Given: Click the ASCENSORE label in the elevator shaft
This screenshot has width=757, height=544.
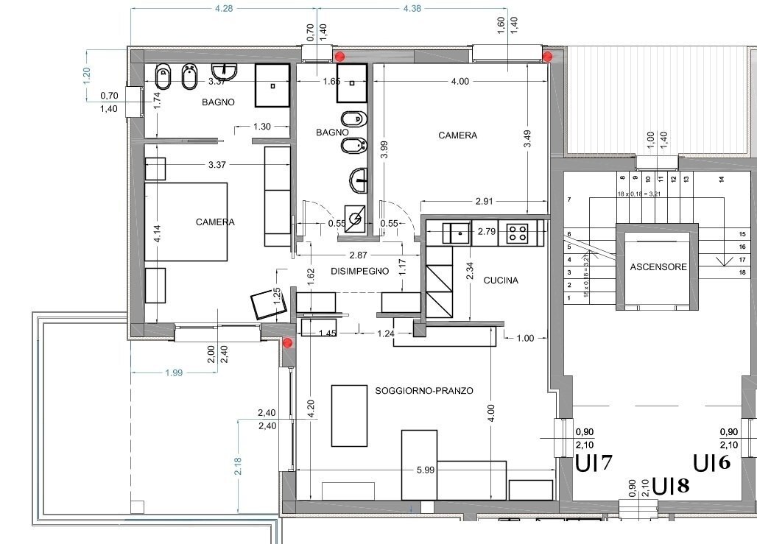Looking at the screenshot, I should (658, 267).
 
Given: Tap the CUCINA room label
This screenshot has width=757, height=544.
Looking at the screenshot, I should (501, 280).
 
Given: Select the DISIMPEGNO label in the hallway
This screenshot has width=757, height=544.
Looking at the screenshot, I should (359, 271).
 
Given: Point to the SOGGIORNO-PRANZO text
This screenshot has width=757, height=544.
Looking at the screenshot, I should (423, 390).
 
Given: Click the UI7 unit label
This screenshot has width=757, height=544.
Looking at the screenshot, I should (594, 464).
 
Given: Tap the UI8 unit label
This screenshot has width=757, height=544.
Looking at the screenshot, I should (672, 486).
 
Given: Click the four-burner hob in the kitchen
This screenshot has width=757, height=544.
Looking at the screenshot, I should (518, 233).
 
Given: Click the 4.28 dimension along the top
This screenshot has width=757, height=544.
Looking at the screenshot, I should (222, 9).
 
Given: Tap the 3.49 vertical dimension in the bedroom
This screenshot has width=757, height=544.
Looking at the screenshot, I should (527, 135).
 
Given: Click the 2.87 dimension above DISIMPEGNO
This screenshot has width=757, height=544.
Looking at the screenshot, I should (358, 255).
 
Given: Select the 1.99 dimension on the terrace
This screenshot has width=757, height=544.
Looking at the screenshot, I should (174, 373).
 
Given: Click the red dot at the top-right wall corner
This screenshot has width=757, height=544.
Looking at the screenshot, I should (547, 56).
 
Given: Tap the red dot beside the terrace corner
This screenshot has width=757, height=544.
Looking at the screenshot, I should (287, 343).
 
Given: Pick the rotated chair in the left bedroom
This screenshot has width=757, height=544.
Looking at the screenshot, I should (264, 304).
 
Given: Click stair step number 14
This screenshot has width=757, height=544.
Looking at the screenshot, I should (721, 178).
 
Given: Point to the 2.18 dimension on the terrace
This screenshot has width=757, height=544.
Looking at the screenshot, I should (238, 466).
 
